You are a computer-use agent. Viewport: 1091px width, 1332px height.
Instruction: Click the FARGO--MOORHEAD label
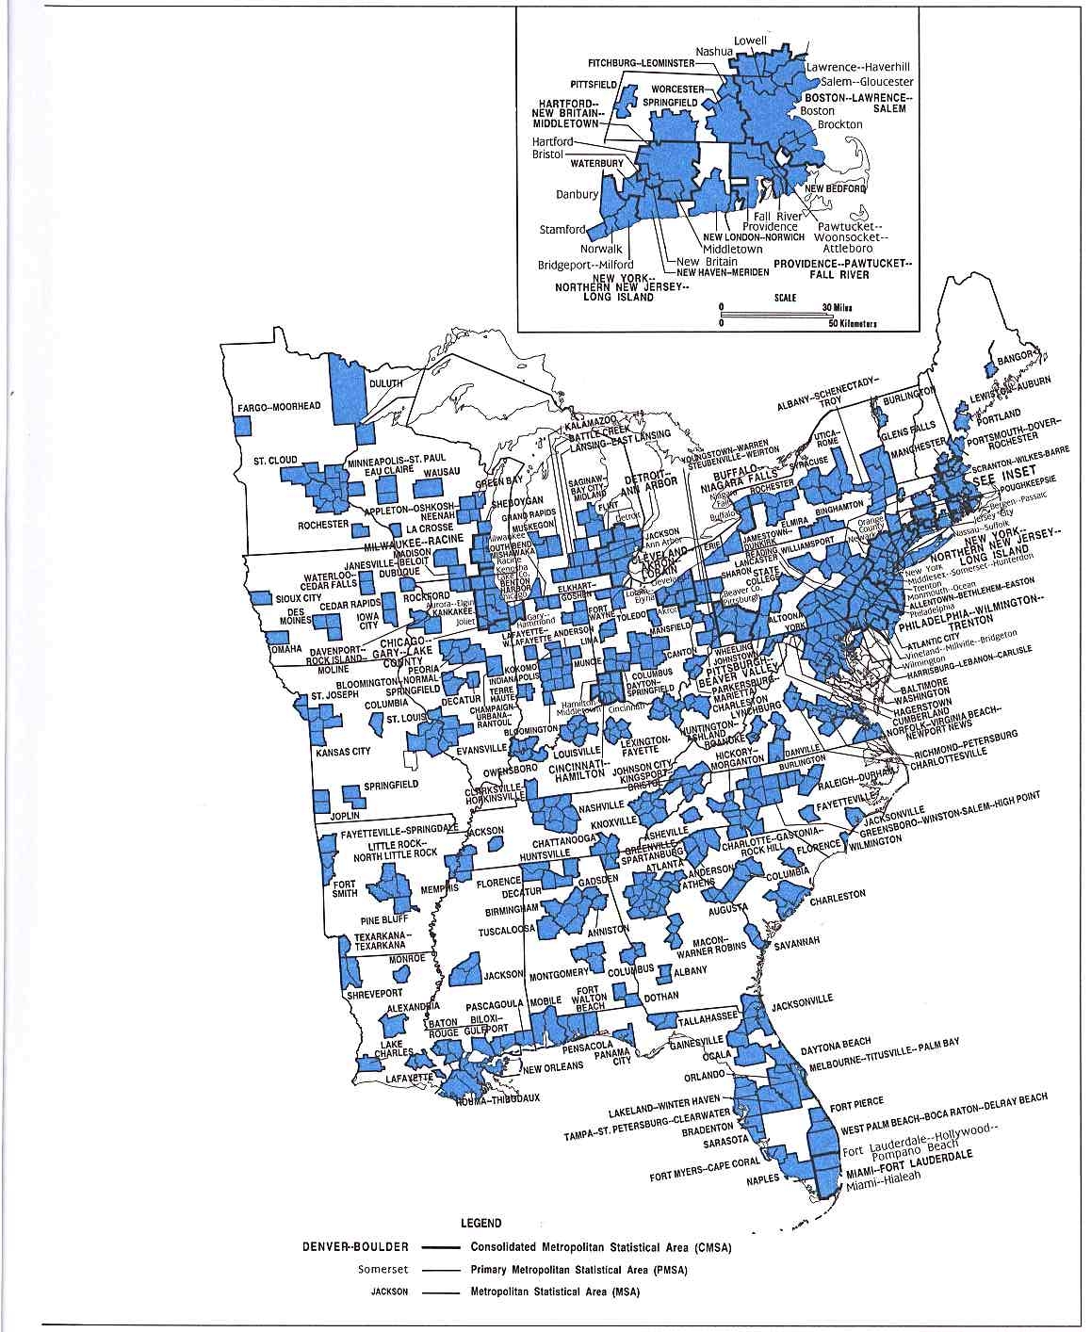pos(279,407)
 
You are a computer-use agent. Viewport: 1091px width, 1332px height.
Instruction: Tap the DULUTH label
pos(385,383)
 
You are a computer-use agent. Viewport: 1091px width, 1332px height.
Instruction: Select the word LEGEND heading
pos(480,1223)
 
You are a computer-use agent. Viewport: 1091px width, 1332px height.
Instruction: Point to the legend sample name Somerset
pos(382,1269)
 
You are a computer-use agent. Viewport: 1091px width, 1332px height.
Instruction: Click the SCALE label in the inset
pos(785,298)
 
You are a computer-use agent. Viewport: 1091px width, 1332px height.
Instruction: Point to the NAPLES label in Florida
pos(763,1178)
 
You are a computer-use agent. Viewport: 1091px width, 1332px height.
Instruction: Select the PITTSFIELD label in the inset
pos(595,84)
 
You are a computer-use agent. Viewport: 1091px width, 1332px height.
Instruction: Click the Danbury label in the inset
pos(577,194)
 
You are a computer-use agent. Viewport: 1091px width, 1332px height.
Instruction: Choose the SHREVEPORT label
pos(374,993)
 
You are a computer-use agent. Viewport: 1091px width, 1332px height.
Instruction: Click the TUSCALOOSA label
pos(509,932)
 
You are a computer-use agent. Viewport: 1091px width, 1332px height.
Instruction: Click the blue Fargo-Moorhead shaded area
pos(243,425)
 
